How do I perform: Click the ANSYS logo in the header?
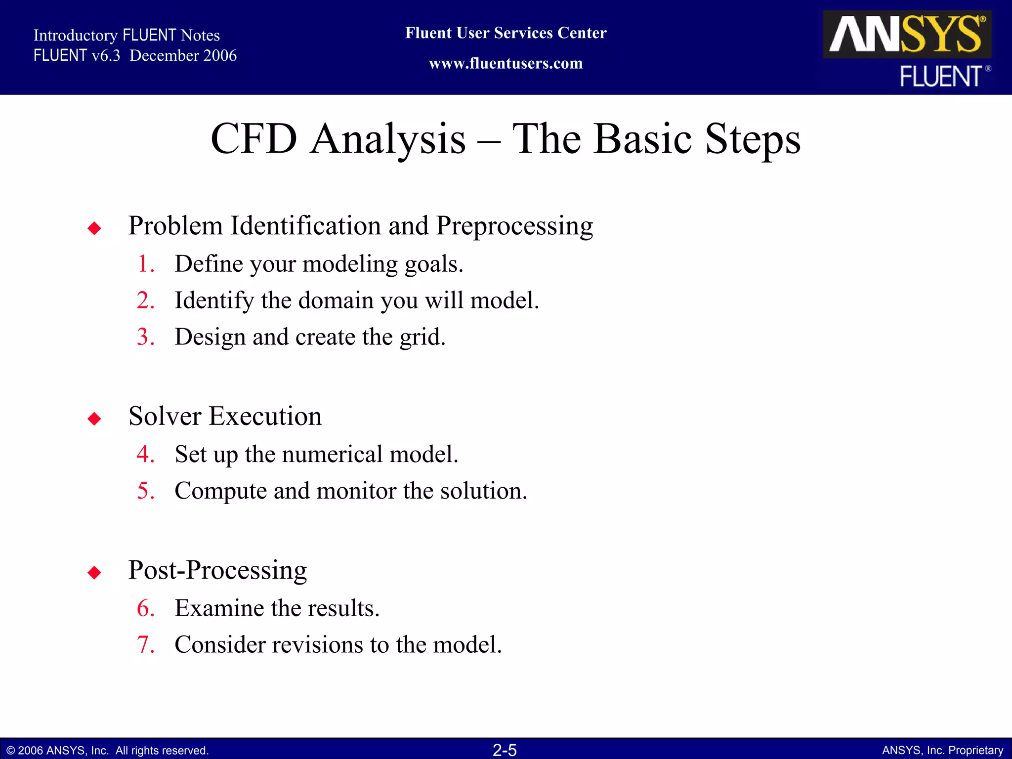907,34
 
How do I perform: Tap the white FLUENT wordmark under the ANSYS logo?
940,77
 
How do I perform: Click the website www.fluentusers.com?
506,63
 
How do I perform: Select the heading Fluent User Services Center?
506,33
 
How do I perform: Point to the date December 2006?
183,55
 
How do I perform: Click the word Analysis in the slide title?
388,139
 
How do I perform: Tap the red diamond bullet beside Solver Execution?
94,419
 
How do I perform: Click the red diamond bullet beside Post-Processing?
94,573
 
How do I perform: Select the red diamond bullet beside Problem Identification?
94,228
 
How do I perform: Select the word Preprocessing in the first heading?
514,226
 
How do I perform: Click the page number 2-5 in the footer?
505,750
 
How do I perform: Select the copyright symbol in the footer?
11,751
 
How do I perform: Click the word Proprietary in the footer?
976,751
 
